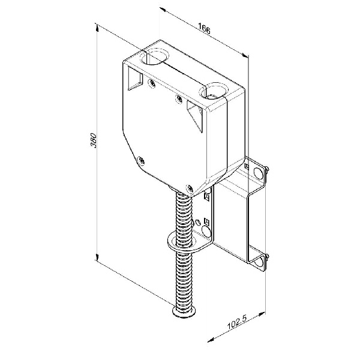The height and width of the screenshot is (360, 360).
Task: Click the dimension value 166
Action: point(204,28)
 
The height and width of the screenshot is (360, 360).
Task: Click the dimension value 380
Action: point(94,140)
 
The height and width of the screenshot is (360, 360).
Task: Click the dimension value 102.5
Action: point(237,323)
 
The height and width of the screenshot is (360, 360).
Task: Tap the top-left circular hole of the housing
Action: point(154,56)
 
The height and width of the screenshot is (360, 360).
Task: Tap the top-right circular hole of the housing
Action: point(214,91)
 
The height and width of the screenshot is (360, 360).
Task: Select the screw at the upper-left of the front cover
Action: point(152,83)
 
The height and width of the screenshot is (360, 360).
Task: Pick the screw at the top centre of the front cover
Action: point(179,99)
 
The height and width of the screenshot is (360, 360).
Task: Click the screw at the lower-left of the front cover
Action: point(141,160)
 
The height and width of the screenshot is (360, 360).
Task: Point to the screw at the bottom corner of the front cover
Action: point(190,188)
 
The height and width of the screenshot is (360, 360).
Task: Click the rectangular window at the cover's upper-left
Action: point(135,79)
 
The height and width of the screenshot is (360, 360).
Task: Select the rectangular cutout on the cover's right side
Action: point(194,116)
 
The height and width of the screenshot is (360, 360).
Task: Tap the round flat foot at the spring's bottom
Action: point(184,311)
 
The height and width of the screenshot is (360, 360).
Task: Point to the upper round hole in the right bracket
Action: point(258,173)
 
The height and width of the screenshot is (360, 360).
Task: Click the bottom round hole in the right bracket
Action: point(259,262)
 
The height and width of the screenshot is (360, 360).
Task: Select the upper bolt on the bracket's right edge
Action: point(266,169)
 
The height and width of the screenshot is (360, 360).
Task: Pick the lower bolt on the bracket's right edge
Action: point(267,257)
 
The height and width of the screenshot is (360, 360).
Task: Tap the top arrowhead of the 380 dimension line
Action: point(97,28)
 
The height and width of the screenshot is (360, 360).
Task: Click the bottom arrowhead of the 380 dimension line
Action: point(97,257)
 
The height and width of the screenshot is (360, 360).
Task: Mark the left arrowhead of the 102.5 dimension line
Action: point(211,340)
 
